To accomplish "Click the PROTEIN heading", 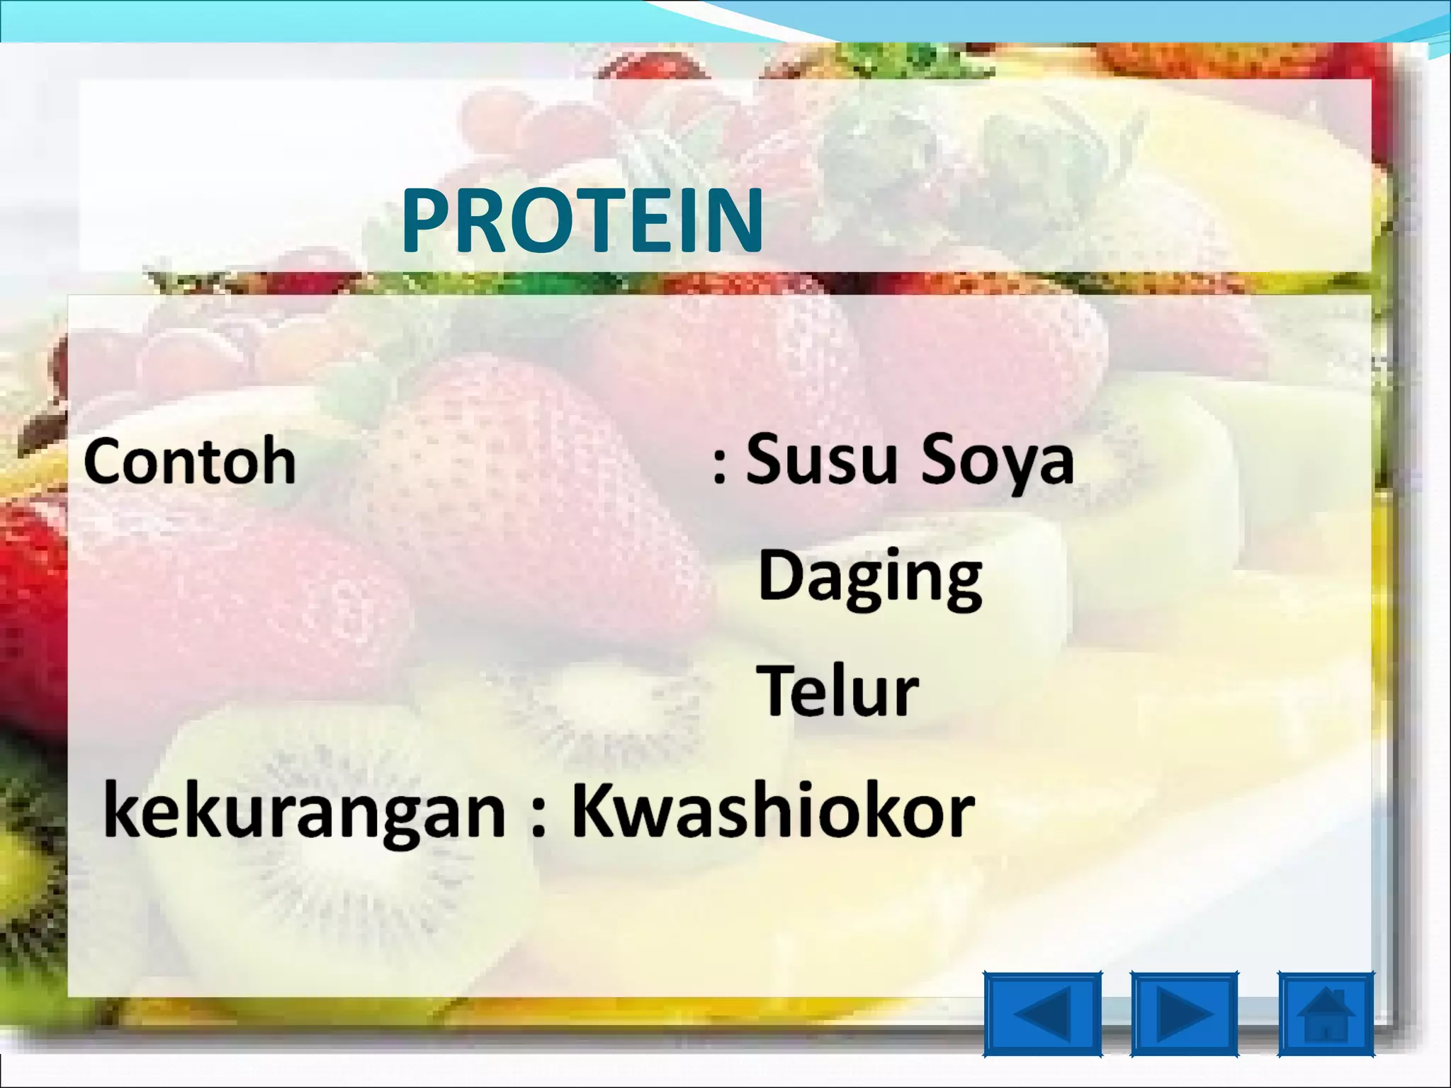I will click(x=582, y=220).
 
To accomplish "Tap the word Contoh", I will click(x=190, y=462).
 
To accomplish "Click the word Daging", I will click(x=870, y=577).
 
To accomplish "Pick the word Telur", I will click(x=839, y=691).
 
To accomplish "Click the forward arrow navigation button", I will click(x=1185, y=1014).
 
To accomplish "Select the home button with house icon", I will click(x=1326, y=1014).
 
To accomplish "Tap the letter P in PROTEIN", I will click(x=427, y=220).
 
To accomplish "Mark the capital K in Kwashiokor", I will click(x=597, y=809).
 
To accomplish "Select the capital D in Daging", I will click(x=782, y=574).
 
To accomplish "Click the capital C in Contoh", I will click(x=105, y=462).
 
